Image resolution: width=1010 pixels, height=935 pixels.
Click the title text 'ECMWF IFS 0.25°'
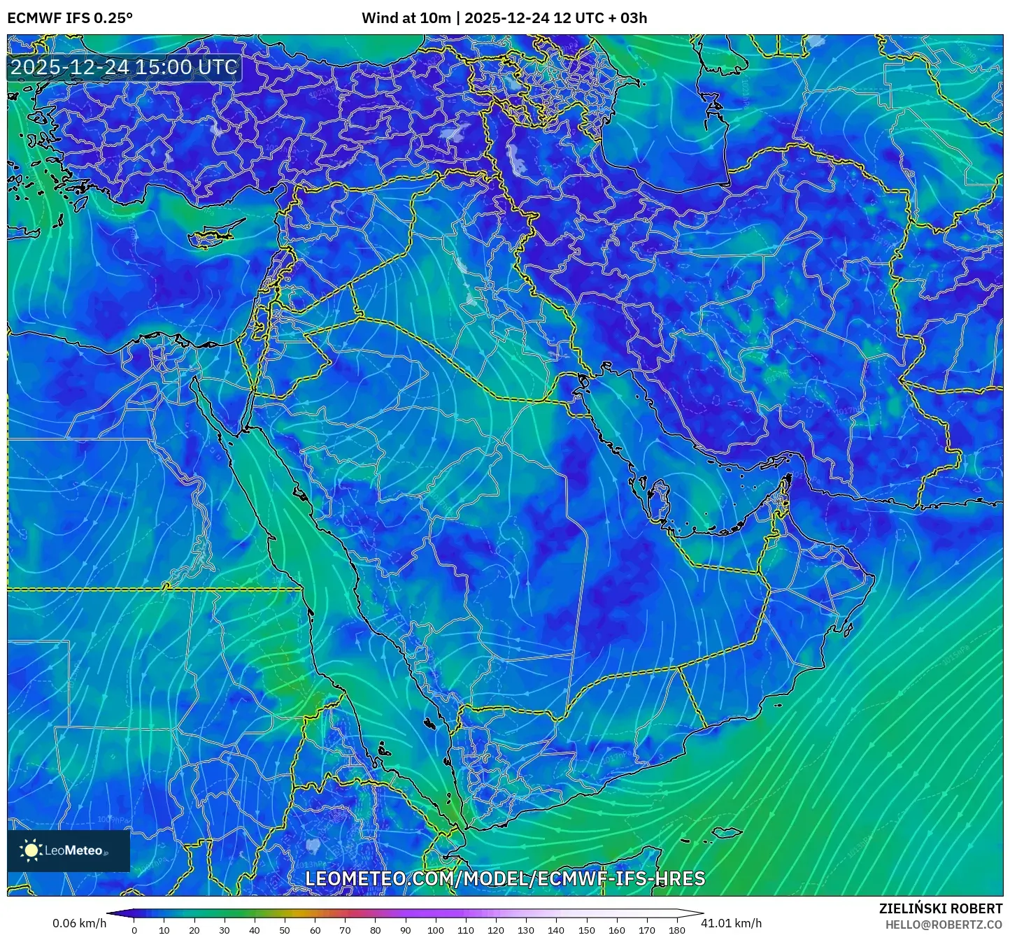pos(69,18)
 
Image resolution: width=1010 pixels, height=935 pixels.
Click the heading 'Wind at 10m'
pos(406,18)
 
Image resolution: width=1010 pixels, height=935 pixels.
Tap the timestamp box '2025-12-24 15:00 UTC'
pos(124,67)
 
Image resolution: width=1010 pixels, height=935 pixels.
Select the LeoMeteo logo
pos(69,850)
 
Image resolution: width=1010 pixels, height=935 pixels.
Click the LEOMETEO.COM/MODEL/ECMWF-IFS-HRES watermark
pos(505,878)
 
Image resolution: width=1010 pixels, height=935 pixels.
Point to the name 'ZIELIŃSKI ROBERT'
pos(940,908)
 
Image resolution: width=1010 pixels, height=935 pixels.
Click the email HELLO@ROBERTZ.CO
pos(944,925)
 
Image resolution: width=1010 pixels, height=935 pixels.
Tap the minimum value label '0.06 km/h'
pos(79,923)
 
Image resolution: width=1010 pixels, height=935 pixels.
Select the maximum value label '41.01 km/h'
pos(731,923)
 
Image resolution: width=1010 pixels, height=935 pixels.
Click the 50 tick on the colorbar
pos(285,929)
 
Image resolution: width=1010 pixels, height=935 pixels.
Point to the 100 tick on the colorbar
pos(435,929)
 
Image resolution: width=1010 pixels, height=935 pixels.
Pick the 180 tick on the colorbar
pos(676,929)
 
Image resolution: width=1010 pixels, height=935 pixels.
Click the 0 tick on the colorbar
pos(134,929)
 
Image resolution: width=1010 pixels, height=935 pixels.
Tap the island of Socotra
pos(728,833)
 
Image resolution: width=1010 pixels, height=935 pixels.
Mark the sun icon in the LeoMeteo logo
pos(31,850)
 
